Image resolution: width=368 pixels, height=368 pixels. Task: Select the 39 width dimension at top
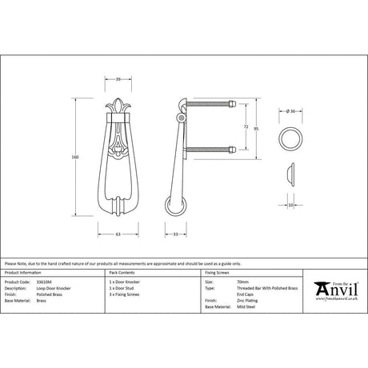click(x=118, y=80)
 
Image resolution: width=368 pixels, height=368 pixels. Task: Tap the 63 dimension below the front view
click(x=118, y=234)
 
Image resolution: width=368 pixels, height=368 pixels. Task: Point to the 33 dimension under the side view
click(x=175, y=234)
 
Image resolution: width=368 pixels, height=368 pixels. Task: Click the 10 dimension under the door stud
click(x=291, y=204)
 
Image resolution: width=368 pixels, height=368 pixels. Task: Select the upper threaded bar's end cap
click(x=231, y=103)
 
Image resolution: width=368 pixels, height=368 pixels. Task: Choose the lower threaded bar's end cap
click(x=231, y=150)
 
